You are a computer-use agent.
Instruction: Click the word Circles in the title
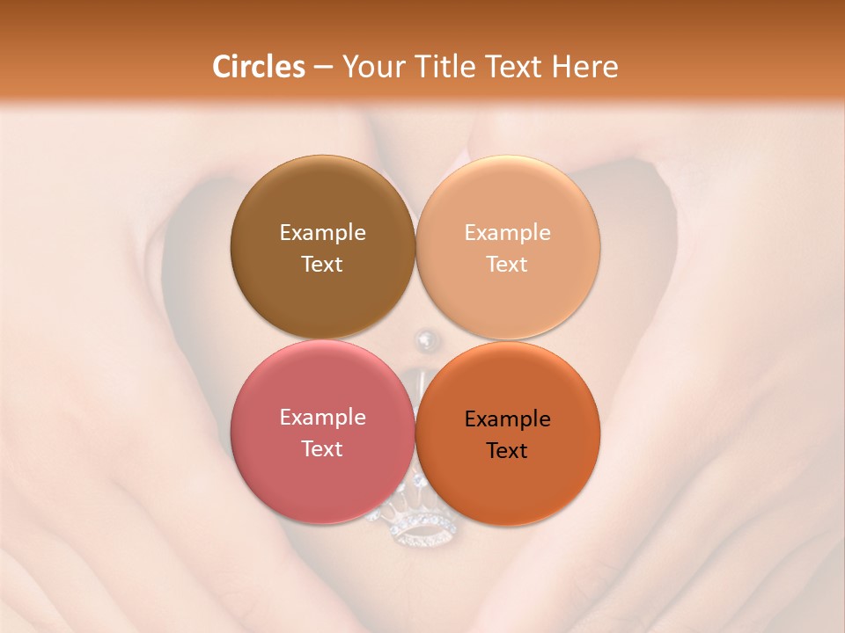(259, 67)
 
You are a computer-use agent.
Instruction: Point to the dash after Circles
(323, 68)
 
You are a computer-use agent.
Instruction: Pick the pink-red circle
(322, 475)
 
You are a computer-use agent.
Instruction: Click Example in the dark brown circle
(322, 232)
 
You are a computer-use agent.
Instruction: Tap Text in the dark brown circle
(322, 264)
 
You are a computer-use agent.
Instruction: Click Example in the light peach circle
(508, 232)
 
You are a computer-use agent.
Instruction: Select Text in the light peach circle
(508, 264)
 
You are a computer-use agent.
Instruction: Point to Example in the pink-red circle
(322, 417)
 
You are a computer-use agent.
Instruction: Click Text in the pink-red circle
(322, 448)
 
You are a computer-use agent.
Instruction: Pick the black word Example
(508, 418)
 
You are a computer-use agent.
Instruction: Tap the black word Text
(508, 450)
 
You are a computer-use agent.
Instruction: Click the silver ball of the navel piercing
(425, 338)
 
